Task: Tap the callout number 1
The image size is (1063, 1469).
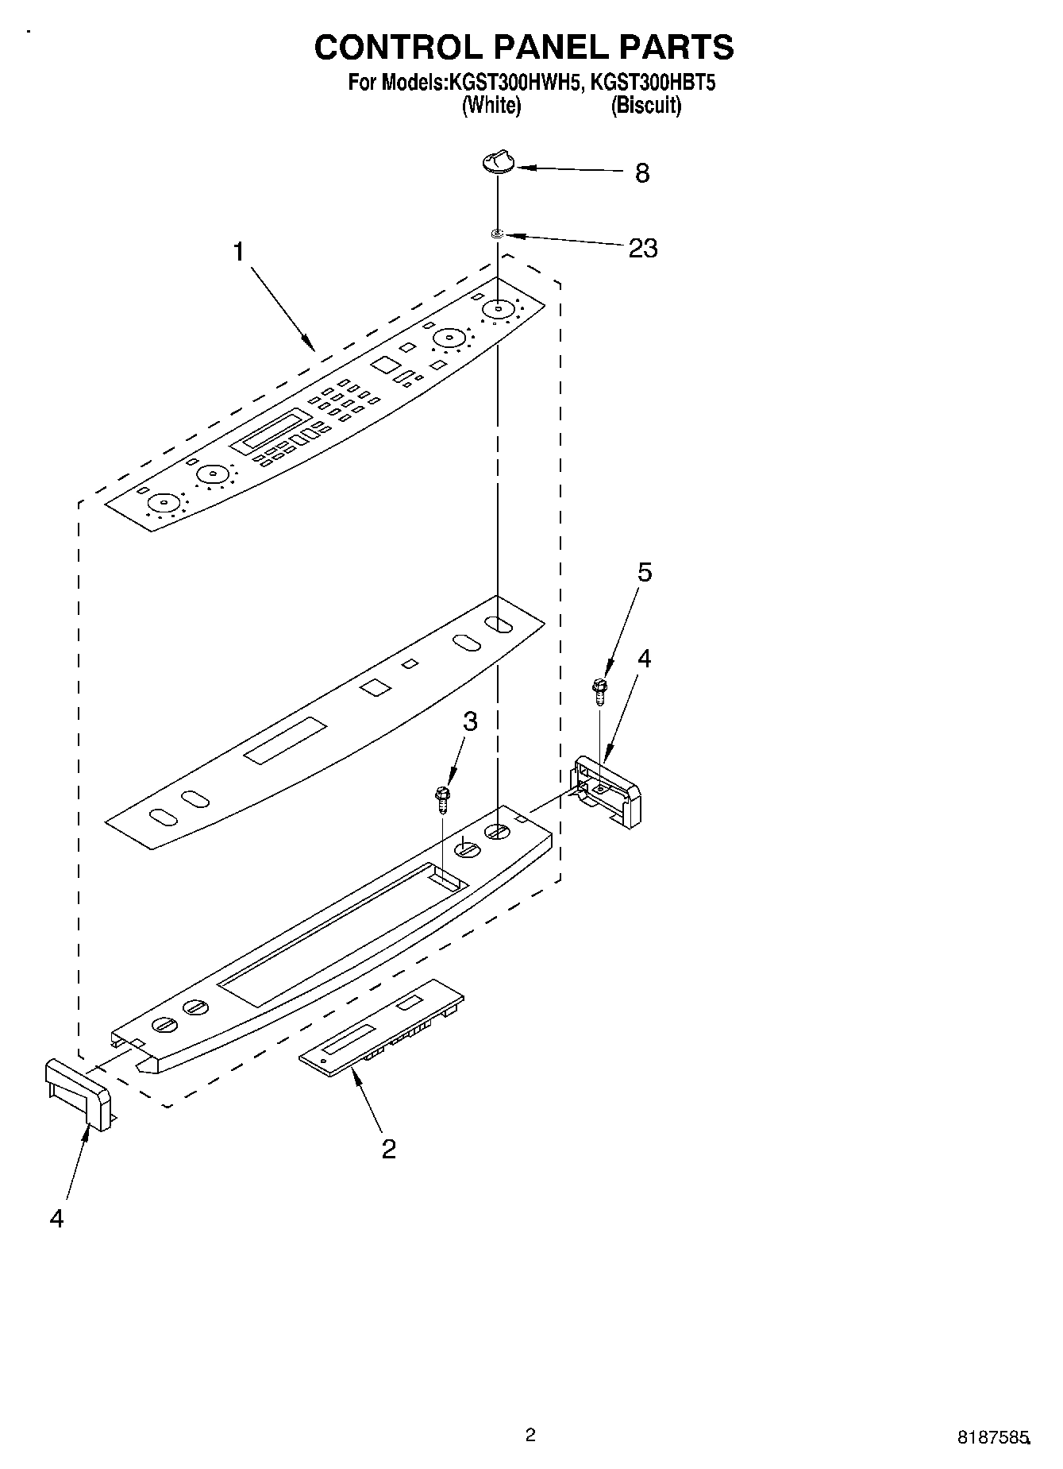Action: coord(237,253)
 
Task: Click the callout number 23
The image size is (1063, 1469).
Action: coord(643,249)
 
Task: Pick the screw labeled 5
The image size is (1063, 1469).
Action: coord(599,690)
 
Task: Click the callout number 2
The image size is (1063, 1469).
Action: coord(388,1148)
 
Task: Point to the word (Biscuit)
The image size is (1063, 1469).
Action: coord(645,105)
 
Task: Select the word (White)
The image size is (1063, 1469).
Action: coord(491,105)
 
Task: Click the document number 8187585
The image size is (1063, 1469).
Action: coord(992,1437)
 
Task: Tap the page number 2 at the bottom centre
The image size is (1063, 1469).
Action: coord(530,1434)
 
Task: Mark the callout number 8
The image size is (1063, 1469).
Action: coord(642,173)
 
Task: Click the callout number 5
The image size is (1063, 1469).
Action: coord(645,571)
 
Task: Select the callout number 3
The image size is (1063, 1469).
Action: coord(470,721)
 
